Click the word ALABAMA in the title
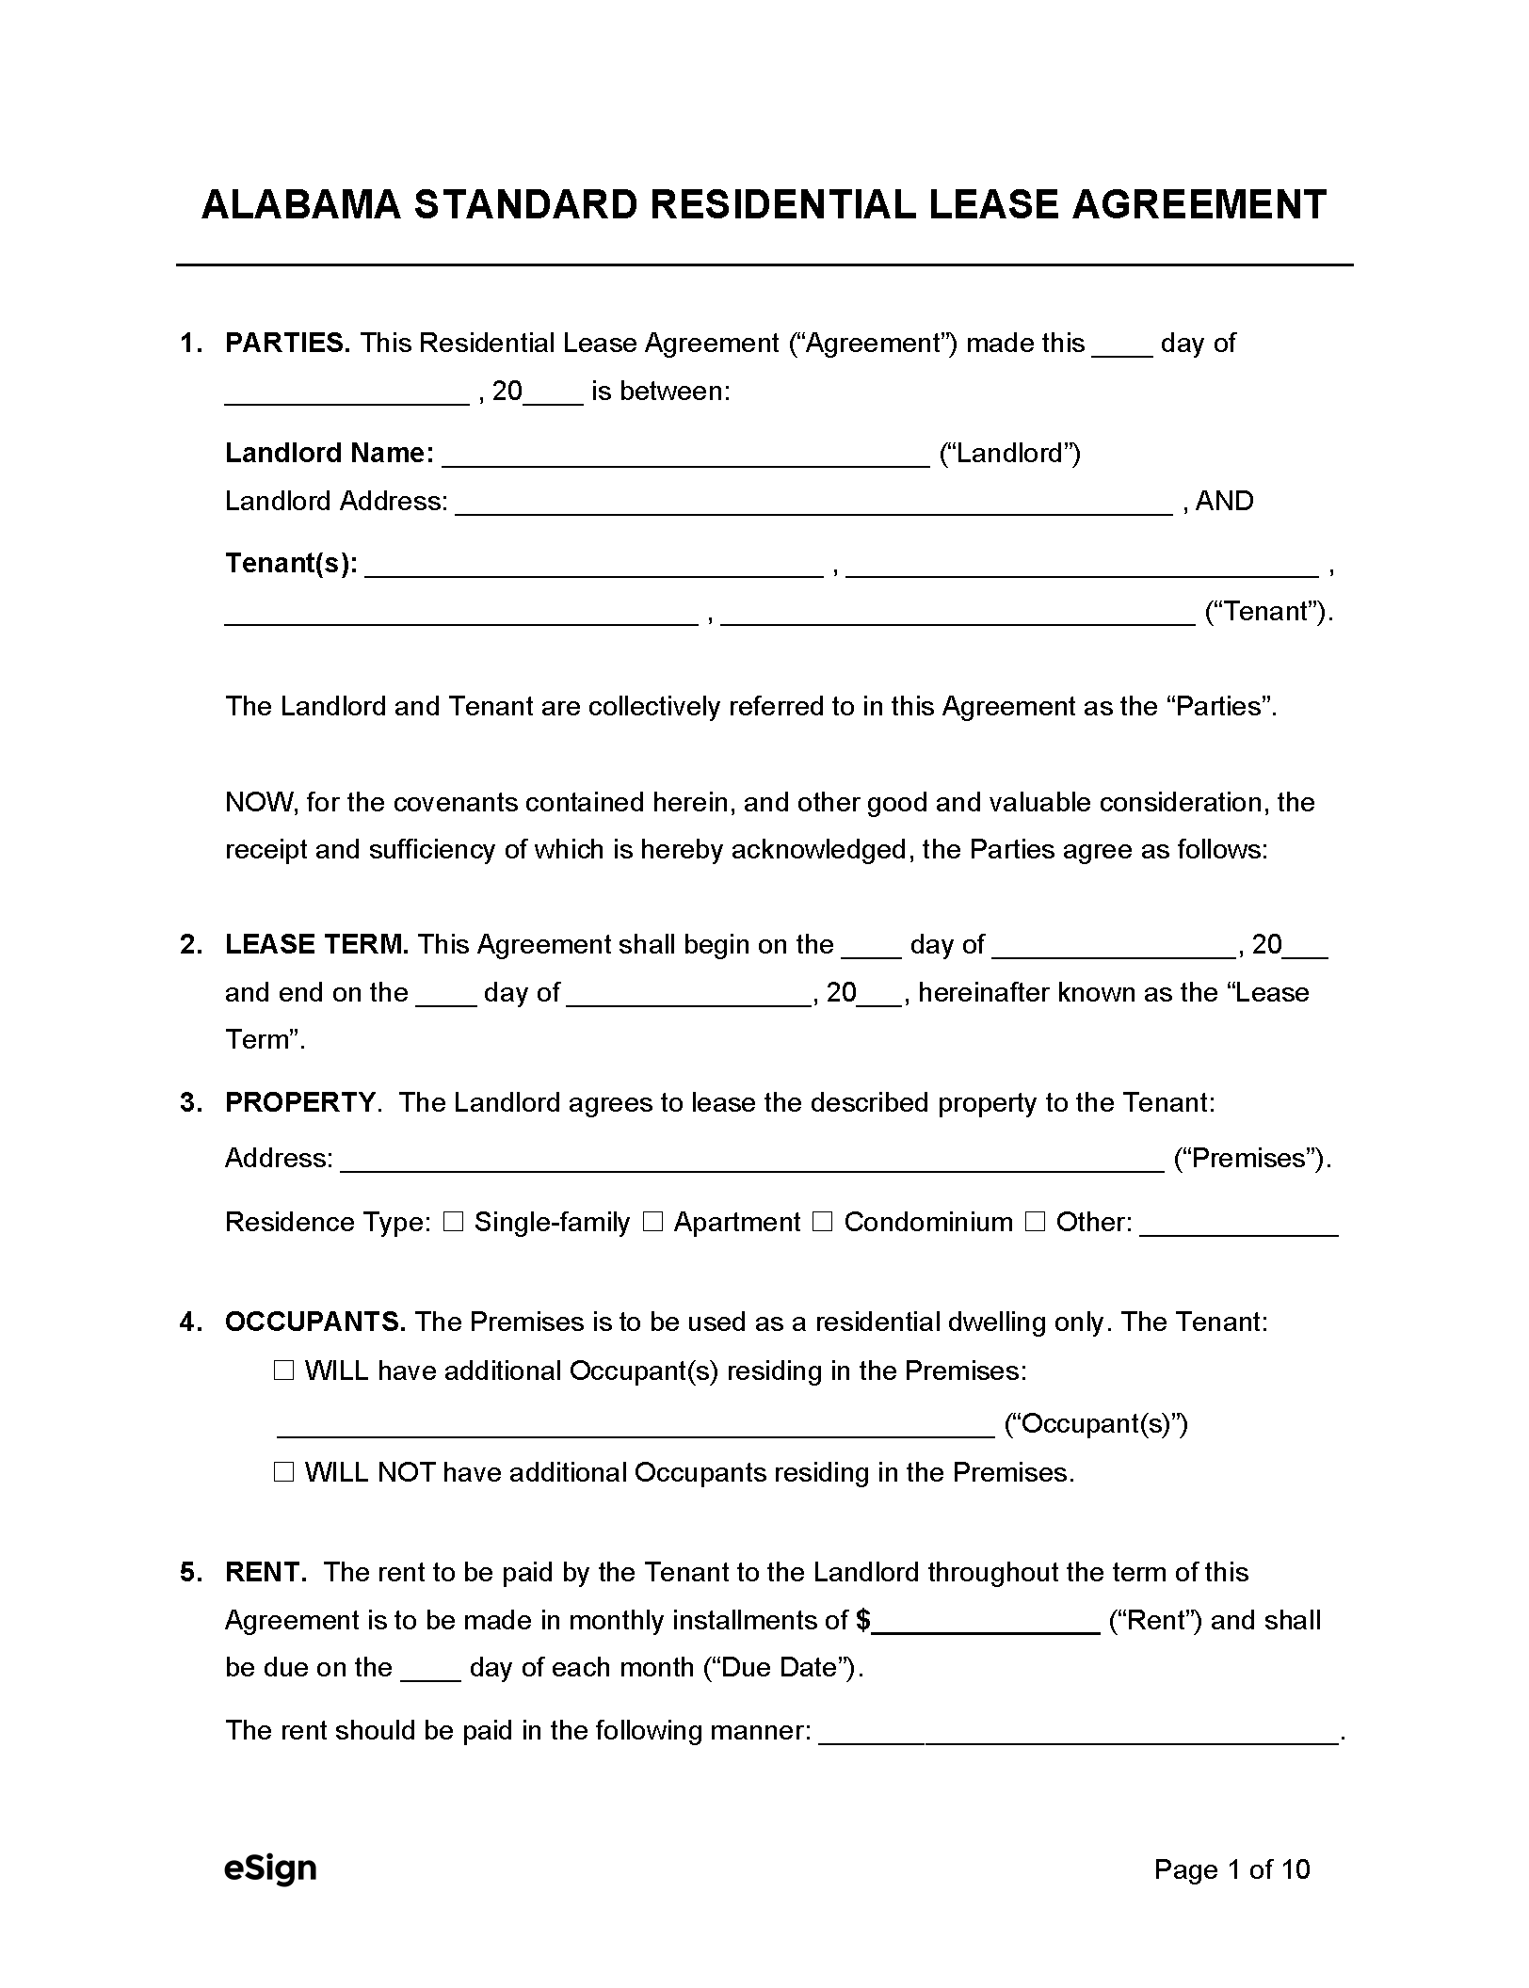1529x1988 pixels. [301, 205]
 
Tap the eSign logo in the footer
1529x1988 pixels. [269, 1868]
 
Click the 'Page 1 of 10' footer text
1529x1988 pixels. [1231, 1868]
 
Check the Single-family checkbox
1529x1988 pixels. [454, 1222]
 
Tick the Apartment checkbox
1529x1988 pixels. [653, 1222]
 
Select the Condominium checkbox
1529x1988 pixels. [823, 1222]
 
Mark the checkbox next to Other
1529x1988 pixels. [1036, 1222]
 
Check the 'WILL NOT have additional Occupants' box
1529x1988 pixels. [283, 1472]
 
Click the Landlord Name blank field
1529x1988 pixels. [685, 456]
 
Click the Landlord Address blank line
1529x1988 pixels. [814, 504]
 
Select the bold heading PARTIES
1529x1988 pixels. [287, 344]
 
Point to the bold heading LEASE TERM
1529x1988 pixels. [316, 944]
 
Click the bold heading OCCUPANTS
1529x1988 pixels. [314, 1322]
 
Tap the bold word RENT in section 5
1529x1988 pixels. [266, 1572]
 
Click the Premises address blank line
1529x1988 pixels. [751, 1161]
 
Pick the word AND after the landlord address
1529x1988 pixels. [1224, 501]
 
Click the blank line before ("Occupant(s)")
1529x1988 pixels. [636, 1426]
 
